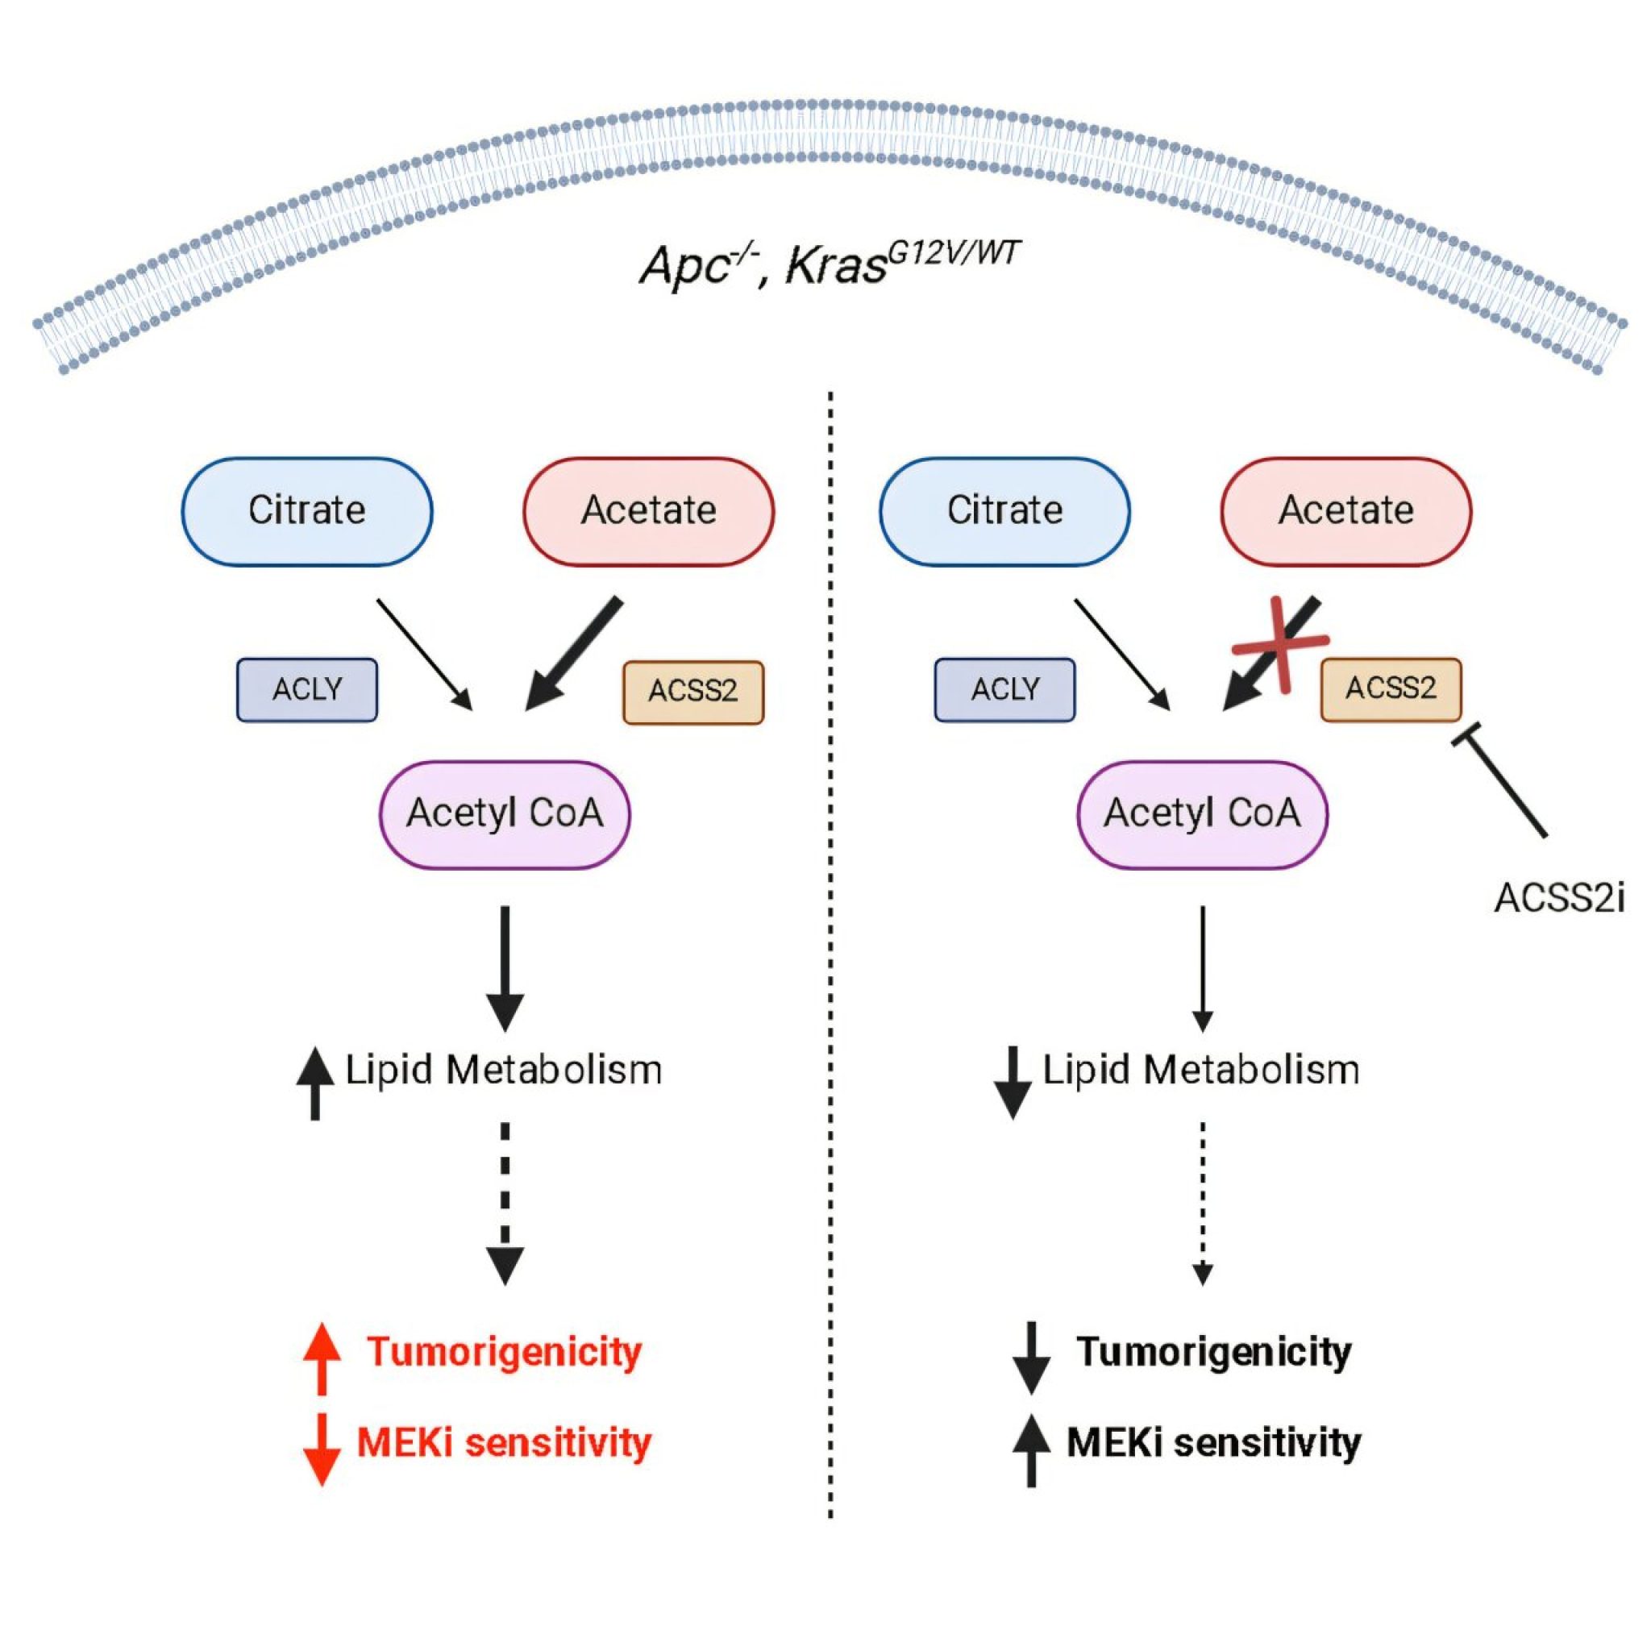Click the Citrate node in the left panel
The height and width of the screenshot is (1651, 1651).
point(307,511)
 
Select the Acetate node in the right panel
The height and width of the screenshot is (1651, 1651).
point(1346,511)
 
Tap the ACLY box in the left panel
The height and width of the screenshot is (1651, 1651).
point(307,689)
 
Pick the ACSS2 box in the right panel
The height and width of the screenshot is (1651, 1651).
point(1391,688)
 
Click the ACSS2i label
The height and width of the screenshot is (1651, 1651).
point(1559,898)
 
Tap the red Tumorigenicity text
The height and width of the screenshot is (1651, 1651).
point(504,1351)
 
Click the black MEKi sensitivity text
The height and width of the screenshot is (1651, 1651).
point(1213,1442)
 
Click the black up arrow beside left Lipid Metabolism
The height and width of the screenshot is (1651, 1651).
point(315,1083)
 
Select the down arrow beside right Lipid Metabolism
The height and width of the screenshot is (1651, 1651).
point(1013,1083)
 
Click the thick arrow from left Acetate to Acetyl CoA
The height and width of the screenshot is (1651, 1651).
point(572,655)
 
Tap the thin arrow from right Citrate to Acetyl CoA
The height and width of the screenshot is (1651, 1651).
point(1122,655)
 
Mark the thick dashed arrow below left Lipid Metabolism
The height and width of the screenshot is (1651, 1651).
point(505,1204)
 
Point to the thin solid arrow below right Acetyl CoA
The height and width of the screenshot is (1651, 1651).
point(1202,969)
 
